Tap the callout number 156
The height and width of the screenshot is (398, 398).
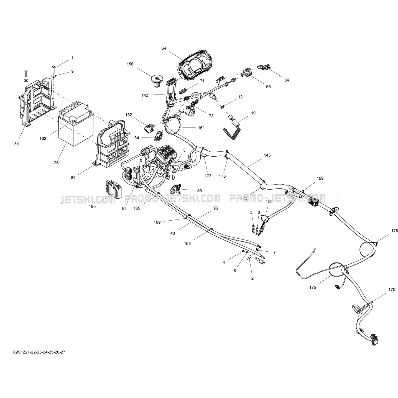click(130, 64)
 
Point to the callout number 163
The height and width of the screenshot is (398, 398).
click(43, 139)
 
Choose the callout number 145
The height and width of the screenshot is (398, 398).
click(267, 155)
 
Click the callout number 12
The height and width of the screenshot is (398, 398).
click(240, 97)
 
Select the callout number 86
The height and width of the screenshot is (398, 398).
click(199, 191)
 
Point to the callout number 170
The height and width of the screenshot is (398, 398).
click(392, 290)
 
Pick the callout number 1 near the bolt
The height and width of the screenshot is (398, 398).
click(72, 58)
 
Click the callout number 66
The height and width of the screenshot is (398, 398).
click(268, 87)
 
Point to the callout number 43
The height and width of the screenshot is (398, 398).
click(173, 233)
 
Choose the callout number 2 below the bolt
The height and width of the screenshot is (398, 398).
click(252, 278)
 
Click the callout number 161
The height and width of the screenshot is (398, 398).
click(201, 128)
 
